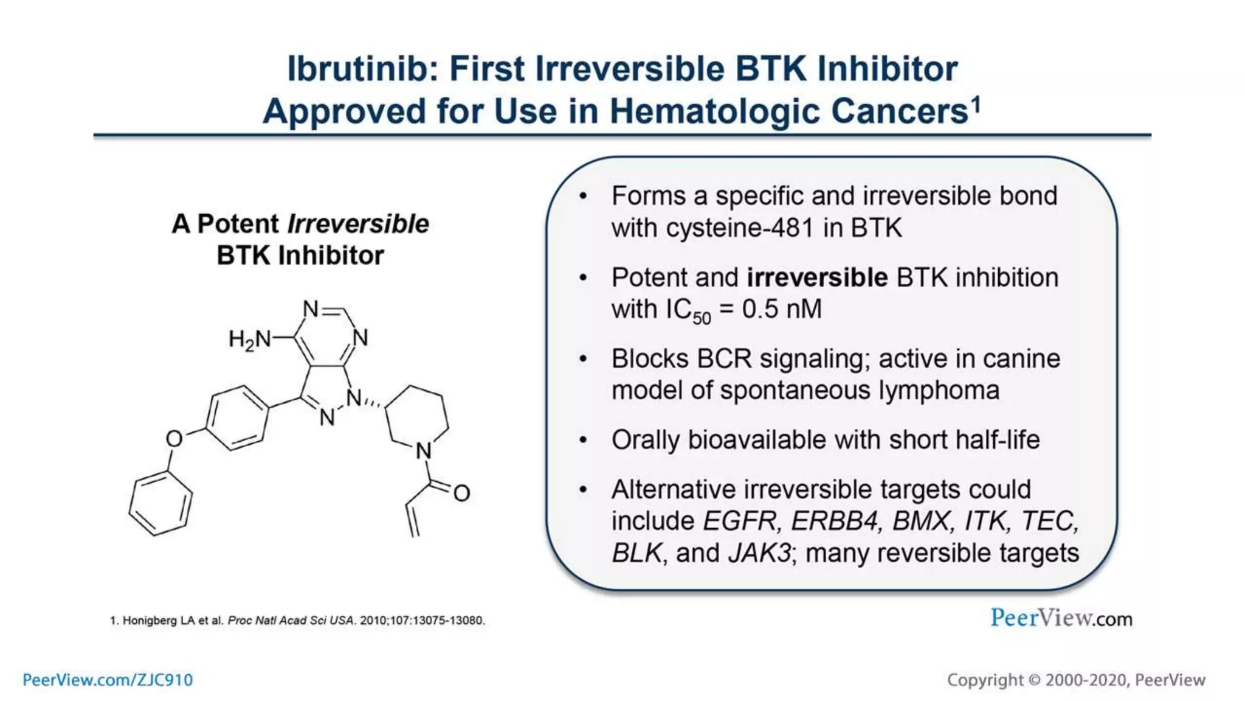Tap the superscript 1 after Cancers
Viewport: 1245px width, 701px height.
pyautogui.click(x=976, y=105)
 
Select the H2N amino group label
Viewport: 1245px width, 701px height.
pyautogui.click(x=249, y=339)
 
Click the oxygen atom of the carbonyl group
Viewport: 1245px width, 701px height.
pyautogui.click(x=461, y=493)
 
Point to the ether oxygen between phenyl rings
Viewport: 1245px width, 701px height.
pyautogui.click(x=174, y=439)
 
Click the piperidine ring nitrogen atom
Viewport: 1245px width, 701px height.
pyautogui.click(x=424, y=451)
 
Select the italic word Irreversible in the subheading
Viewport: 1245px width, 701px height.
pyautogui.click(x=358, y=224)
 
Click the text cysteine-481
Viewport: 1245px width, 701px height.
pyautogui.click(x=739, y=228)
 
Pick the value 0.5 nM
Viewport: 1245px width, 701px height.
pyautogui.click(x=782, y=309)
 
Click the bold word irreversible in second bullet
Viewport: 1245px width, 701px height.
pyautogui.click(x=817, y=277)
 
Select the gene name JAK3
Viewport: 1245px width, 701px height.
pyautogui.click(x=760, y=553)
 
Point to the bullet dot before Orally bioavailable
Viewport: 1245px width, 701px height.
pyautogui.click(x=583, y=440)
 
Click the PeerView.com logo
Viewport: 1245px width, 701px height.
pyautogui.click(x=1061, y=618)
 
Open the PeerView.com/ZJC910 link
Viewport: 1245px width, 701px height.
pyautogui.click(x=108, y=680)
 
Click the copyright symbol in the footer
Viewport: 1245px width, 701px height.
pyautogui.click(x=1034, y=680)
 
